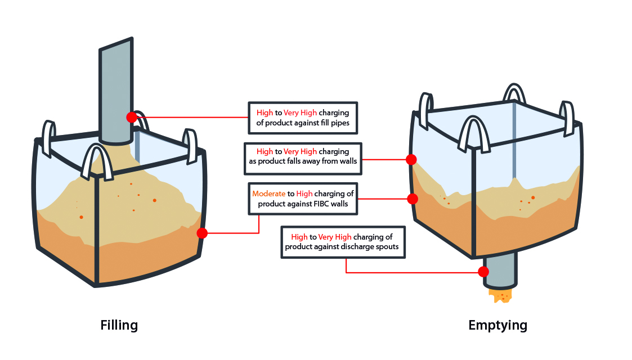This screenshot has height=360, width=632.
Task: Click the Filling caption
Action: pos(119,325)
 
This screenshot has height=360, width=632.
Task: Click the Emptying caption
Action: pos(497,325)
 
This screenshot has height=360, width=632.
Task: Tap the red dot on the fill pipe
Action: pos(132,117)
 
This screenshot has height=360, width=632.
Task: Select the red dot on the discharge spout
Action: pos(483,272)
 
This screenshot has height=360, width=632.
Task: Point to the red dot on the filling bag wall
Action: pos(202,233)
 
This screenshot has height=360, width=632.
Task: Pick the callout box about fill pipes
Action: pos(303,118)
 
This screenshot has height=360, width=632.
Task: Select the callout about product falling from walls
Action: pos(302,157)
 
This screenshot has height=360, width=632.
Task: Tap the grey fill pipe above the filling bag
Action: pos(116,90)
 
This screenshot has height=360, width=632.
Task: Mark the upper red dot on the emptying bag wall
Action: pos(411,160)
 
